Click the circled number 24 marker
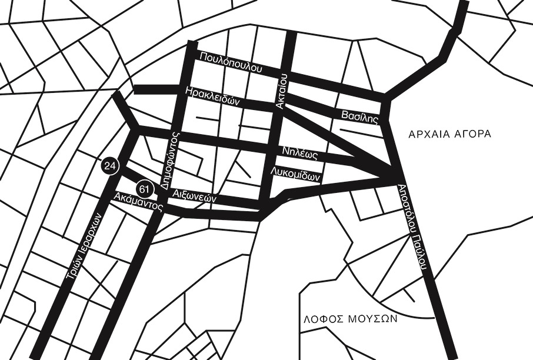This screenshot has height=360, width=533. (109, 166)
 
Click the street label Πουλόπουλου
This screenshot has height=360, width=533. (230, 62)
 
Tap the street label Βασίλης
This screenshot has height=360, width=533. (359, 115)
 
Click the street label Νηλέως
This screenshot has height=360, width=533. (300, 154)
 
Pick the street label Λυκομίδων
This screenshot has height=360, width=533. (295, 174)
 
